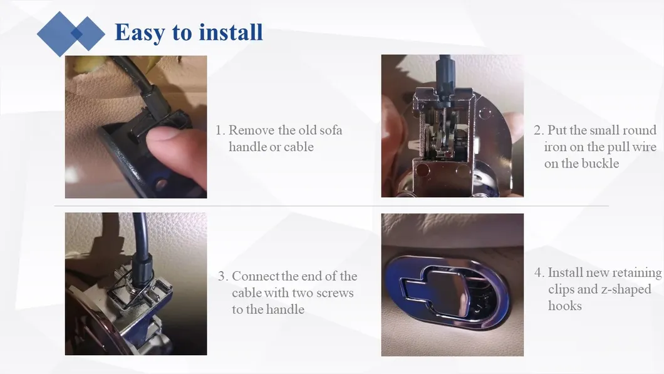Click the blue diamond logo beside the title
[71, 34]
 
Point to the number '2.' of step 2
[539, 130]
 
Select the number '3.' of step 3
[223, 276]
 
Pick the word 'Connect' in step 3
[256, 276]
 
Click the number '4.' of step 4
[539, 272]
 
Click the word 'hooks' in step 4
[565, 306]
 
